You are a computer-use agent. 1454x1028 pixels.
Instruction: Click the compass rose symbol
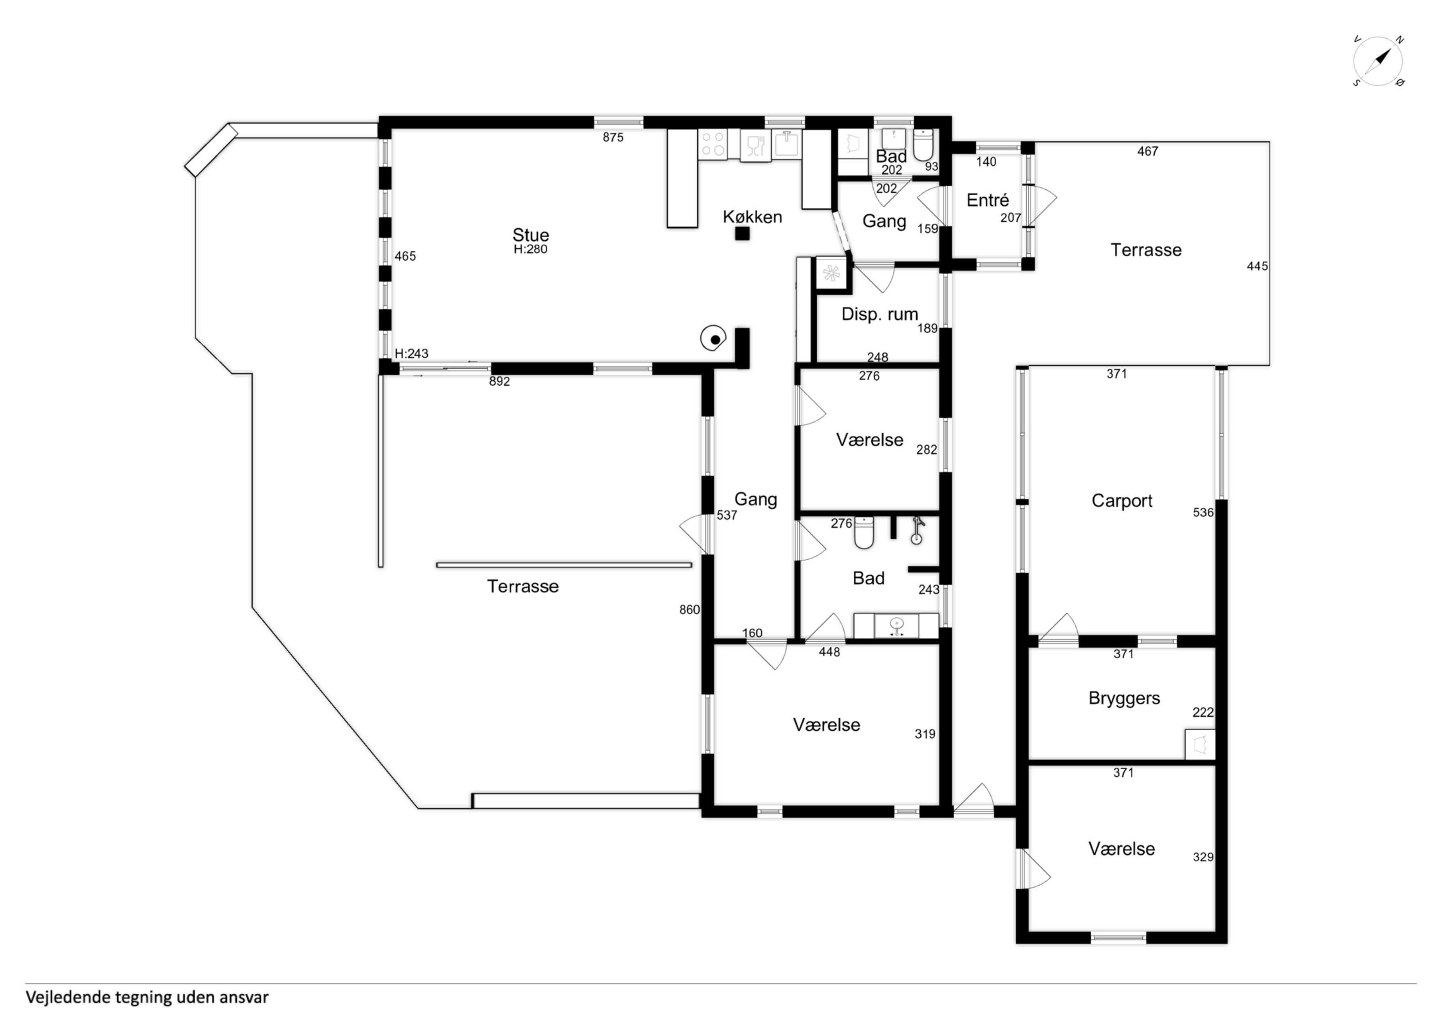point(1378,61)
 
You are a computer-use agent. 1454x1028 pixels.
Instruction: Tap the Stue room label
point(531,235)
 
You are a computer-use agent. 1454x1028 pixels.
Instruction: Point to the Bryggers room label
point(1124,698)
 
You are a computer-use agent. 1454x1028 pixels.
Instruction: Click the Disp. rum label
point(880,314)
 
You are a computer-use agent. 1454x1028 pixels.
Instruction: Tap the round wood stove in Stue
point(714,338)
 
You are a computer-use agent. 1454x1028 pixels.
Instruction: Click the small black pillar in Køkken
point(742,234)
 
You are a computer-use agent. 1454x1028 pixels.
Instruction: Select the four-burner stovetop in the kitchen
point(712,144)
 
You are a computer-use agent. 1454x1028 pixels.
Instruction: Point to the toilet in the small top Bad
point(923,145)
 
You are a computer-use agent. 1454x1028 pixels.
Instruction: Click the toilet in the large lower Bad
point(864,533)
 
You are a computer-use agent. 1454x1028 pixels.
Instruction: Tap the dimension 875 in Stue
point(613,138)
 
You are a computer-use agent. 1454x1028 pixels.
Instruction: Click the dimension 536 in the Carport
point(1203,513)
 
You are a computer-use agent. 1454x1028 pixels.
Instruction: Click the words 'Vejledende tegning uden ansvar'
point(147,998)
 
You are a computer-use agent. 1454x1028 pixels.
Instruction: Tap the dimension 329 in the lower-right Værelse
point(1203,857)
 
